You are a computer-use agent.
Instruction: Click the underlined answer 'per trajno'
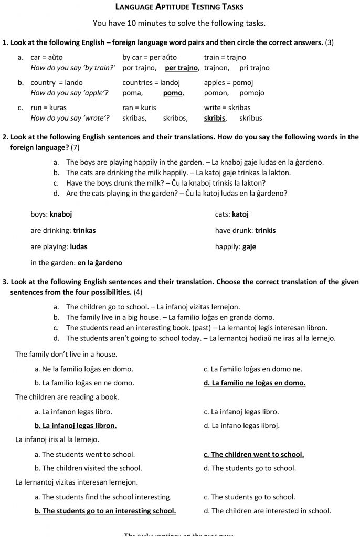(x=182, y=68)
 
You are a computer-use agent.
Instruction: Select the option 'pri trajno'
(x=254, y=68)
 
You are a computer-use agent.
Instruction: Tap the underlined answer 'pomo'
(x=173, y=93)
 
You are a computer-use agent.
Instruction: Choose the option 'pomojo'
(x=252, y=93)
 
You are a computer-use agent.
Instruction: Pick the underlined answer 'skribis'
(x=215, y=118)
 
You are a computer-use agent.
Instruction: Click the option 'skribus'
(x=251, y=118)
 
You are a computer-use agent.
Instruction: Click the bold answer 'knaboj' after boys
(x=61, y=214)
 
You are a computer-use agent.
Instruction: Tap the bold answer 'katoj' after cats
(x=240, y=214)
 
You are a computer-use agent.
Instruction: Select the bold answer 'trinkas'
(x=84, y=230)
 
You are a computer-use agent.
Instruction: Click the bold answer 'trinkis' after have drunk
(x=266, y=230)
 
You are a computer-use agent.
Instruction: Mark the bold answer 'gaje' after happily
(x=249, y=246)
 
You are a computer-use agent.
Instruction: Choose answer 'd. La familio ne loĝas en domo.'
(x=255, y=383)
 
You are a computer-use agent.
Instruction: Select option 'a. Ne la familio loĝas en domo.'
(x=84, y=369)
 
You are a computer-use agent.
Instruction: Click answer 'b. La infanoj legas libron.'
(x=76, y=425)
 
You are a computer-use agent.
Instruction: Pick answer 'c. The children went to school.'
(x=253, y=454)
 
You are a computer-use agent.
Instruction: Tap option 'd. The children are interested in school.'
(x=267, y=510)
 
